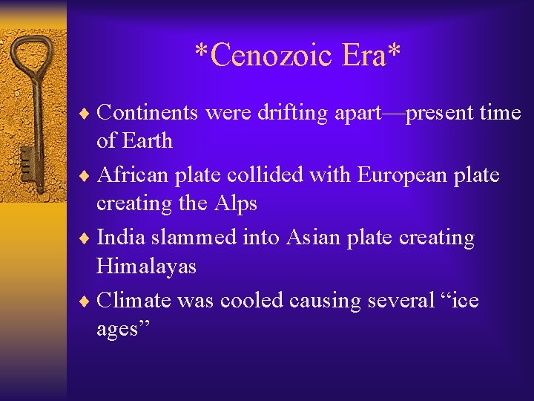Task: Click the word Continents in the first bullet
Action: coord(148,112)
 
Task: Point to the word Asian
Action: coord(316,238)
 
